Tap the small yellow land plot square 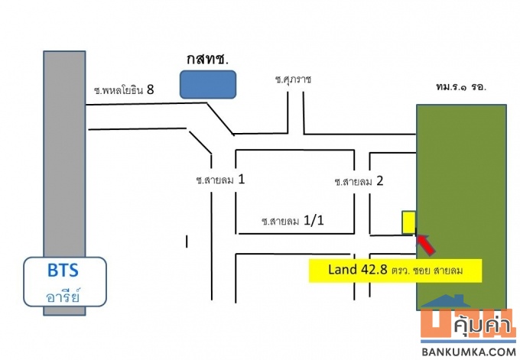click(x=409, y=221)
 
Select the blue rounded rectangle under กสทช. click(x=207, y=84)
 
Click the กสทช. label click(x=206, y=59)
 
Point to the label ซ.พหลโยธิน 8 click(x=124, y=90)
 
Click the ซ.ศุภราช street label click(x=294, y=79)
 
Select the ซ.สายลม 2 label click(x=358, y=182)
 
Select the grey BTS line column click(x=64, y=153)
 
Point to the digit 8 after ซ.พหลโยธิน click(x=151, y=89)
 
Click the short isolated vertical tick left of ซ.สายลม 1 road click(x=187, y=242)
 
